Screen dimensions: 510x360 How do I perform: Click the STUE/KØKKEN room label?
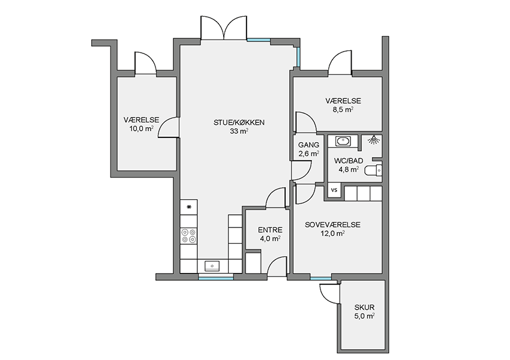pyautogui.click(x=239, y=122)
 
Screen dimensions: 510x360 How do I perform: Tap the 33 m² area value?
pyautogui.click(x=239, y=131)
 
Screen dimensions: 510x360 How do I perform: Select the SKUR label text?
pyautogui.click(x=364, y=307)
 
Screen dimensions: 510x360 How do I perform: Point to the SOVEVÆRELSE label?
pyautogui.click(x=332, y=225)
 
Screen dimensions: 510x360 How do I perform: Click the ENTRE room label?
pyautogui.click(x=270, y=230)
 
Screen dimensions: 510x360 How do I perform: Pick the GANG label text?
pyautogui.click(x=308, y=145)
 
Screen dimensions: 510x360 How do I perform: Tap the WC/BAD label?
pyautogui.click(x=349, y=161)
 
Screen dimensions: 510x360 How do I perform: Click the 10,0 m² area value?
pyautogui.click(x=142, y=128)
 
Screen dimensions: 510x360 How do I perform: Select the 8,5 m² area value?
pyautogui.click(x=343, y=110)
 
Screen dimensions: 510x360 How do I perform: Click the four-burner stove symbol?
pyautogui.click(x=188, y=236)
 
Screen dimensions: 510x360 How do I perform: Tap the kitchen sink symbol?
pyautogui.click(x=212, y=266)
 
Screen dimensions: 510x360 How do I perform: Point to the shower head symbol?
pyautogui.click(x=374, y=140)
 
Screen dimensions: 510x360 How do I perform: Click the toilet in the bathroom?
pyautogui.click(x=373, y=170)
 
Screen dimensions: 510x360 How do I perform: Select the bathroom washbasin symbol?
pyautogui.click(x=343, y=141)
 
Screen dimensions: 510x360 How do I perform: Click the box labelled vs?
pyautogui.click(x=334, y=190)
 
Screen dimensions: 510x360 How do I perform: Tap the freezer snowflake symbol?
pyautogui.click(x=188, y=207)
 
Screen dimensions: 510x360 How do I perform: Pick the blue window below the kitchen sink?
pyautogui.click(x=216, y=278)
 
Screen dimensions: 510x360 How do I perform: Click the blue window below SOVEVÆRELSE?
pyautogui.click(x=321, y=278)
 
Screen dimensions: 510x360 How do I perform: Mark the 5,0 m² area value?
pyautogui.click(x=364, y=316)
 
